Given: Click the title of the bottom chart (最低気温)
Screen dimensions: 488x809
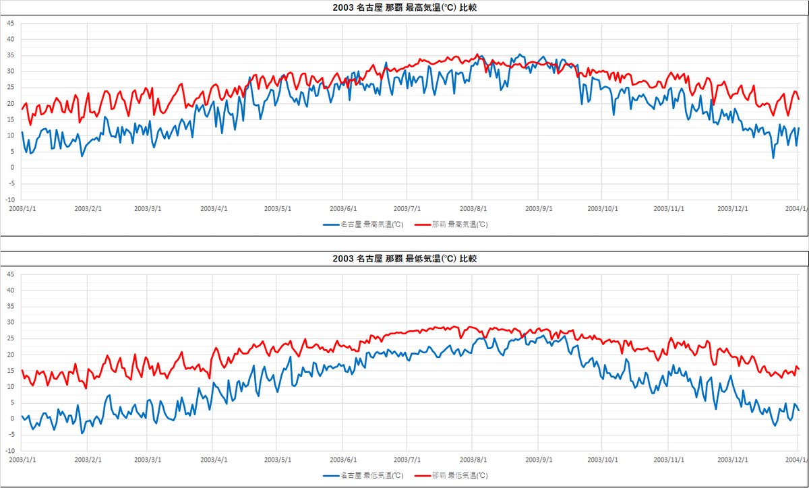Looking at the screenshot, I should point(404,259).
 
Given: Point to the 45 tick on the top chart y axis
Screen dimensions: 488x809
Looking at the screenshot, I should point(10,23).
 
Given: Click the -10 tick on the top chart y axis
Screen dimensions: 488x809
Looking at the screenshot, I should point(9,200).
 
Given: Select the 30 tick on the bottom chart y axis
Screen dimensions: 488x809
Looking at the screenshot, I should point(10,322).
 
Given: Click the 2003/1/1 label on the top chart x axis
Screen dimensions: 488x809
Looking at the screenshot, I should point(22,208).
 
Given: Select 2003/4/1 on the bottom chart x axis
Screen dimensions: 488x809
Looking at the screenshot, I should point(213,460).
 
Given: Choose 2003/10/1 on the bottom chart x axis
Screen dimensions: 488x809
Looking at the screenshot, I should point(603,460).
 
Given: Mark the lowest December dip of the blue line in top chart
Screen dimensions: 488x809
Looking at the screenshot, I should point(773,158).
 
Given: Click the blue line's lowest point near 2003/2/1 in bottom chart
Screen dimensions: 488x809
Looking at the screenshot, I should point(82,433).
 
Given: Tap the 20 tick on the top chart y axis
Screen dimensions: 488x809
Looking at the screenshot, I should point(10,103).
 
